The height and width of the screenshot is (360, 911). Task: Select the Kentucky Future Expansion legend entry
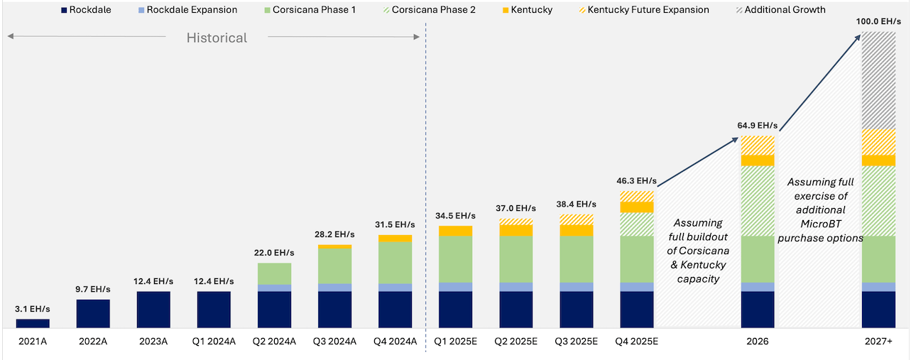[x=648, y=10]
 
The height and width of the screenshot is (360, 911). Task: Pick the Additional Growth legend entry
[x=785, y=10]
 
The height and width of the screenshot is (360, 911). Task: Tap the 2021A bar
[x=33, y=323]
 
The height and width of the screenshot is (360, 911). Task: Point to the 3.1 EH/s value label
[x=33, y=309]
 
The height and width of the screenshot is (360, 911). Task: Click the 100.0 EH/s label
[x=878, y=22]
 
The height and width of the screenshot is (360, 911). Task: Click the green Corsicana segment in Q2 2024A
[x=274, y=273]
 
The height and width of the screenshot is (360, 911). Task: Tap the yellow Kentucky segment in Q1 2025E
[x=455, y=231]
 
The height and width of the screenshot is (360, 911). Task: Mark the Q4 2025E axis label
[x=636, y=341]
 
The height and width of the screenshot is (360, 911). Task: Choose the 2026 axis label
[x=757, y=341]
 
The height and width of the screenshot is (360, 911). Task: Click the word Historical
[x=217, y=38]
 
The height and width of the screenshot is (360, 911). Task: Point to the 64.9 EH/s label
[x=757, y=126]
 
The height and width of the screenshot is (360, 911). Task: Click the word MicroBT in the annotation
[x=820, y=224]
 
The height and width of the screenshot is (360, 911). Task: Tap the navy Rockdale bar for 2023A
[x=153, y=310]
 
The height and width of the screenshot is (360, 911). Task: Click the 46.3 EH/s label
[x=636, y=181]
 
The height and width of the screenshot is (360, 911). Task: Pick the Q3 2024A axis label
[x=334, y=341]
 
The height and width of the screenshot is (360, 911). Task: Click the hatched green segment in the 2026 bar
[x=757, y=201]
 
